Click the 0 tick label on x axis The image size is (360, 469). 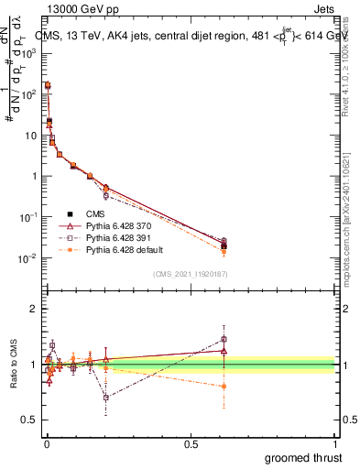click(x=46, y=444)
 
